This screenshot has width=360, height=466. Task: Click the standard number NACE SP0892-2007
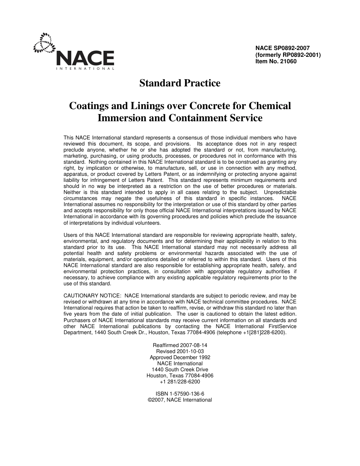[282, 48]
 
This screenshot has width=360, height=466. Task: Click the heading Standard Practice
[180, 83]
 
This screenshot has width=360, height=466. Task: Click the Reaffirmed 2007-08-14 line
[180, 345]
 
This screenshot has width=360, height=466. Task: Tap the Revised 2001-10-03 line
[180, 351]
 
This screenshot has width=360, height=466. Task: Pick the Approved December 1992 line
[180, 357]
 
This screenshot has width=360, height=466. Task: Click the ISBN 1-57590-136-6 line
[180, 394]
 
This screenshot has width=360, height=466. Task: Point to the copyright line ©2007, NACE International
[180, 400]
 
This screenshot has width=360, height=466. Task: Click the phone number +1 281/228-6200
[180, 382]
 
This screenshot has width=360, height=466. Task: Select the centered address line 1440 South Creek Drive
[180, 369]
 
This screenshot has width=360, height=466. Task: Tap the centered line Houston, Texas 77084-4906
[180, 375]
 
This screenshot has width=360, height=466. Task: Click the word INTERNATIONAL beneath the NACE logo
[85, 69]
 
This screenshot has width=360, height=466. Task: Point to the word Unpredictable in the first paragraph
[280, 192]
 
